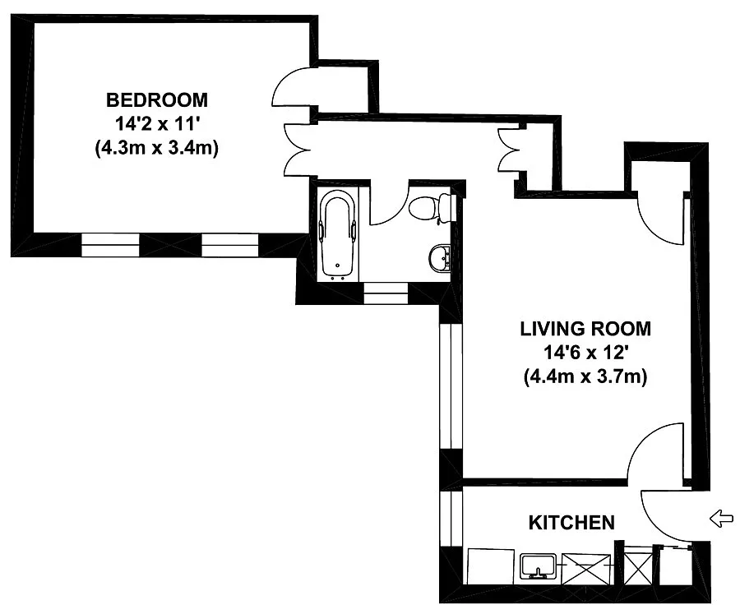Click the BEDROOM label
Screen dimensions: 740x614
[157, 100]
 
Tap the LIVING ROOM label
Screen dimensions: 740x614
[585, 329]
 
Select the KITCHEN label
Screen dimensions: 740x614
[571, 523]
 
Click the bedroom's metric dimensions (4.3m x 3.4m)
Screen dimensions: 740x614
[157, 148]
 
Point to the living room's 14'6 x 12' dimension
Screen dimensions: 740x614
[585, 353]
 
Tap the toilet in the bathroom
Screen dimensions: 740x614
[429, 207]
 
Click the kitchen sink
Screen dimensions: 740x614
[538, 566]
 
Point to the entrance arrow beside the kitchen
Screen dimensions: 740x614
[722, 519]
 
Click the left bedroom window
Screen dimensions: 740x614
[110, 245]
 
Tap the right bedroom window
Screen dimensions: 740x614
[230, 245]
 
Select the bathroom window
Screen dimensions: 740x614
[386, 293]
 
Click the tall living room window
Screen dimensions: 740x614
[451, 386]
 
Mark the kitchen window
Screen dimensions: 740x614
[451, 519]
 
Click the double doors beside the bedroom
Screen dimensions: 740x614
[298, 150]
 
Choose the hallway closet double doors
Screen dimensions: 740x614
[509, 150]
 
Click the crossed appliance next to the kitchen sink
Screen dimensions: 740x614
[585, 568]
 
